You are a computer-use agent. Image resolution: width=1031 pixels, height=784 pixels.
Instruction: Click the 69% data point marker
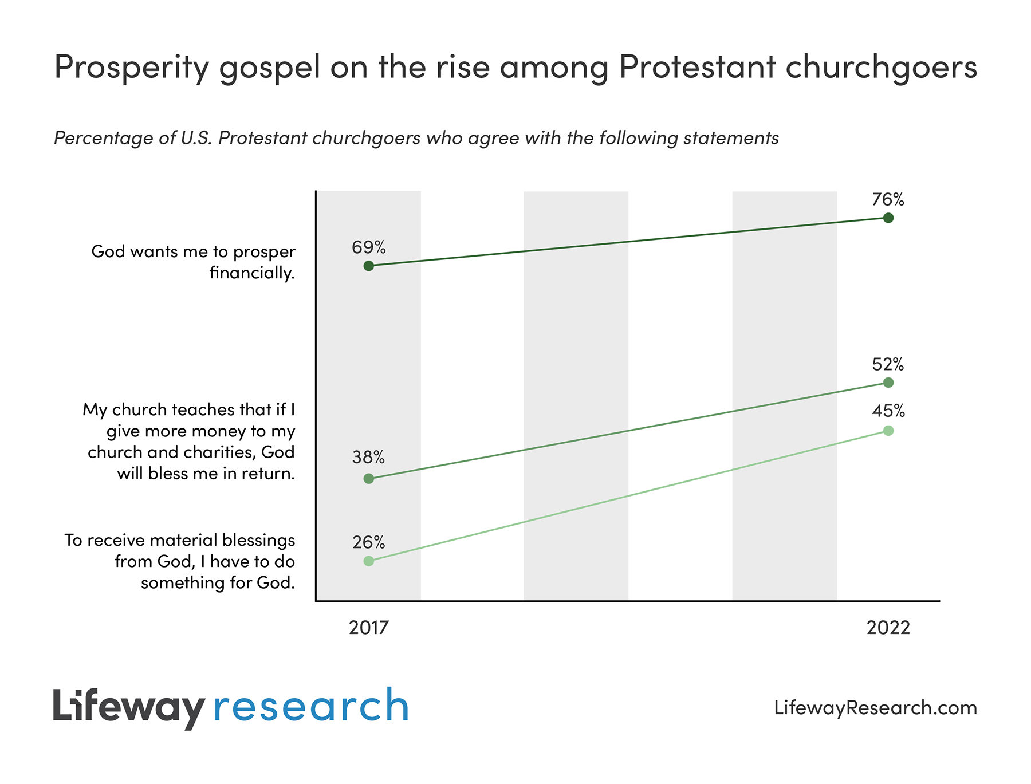click(x=369, y=266)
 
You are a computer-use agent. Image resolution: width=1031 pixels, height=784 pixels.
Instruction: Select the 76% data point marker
click(x=888, y=218)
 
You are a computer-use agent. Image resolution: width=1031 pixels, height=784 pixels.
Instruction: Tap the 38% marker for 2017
click(x=369, y=478)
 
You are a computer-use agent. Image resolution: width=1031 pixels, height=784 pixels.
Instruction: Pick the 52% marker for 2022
click(x=888, y=382)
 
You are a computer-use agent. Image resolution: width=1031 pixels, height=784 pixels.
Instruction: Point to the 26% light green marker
click(x=369, y=561)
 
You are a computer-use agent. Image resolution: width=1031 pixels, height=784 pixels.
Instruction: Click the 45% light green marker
click(x=888, y=431)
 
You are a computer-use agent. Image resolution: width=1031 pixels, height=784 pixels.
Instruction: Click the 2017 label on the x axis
click(x=369, y=628)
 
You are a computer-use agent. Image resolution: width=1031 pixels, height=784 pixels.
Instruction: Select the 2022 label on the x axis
click(x=888, y=628)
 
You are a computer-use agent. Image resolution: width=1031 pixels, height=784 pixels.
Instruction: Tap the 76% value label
click(x=888, y=199)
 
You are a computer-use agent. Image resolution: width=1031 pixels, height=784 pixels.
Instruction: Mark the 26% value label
click(x=369, y=542)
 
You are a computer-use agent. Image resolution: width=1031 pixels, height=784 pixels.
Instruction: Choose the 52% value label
click(x=888, y=364)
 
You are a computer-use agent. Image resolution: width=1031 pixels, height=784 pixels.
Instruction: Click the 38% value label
click(x=369, y=457)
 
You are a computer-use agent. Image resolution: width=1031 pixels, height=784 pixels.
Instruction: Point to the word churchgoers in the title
click(x=881, y=68)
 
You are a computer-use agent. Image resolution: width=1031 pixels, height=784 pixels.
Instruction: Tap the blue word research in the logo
click(x=311, y=707)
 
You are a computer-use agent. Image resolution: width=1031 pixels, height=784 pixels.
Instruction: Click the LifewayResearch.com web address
click(x=875, y=707)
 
